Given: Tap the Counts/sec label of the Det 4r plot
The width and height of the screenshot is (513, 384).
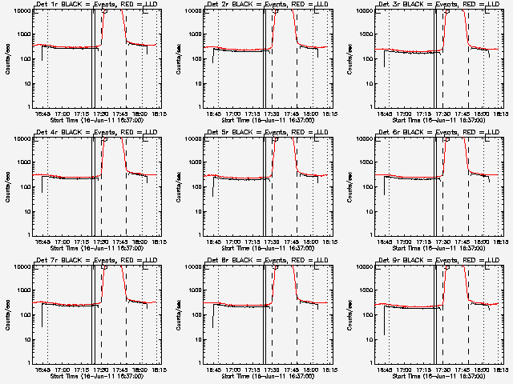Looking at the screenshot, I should click(x=9, y=186).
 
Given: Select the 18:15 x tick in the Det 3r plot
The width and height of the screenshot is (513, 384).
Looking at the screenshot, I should click(x=501, y=114).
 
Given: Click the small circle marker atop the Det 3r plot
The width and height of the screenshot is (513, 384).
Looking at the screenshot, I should click(x=446, y=12).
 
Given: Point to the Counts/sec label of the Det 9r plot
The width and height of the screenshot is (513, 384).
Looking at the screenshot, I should click(x=350, y=314).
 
